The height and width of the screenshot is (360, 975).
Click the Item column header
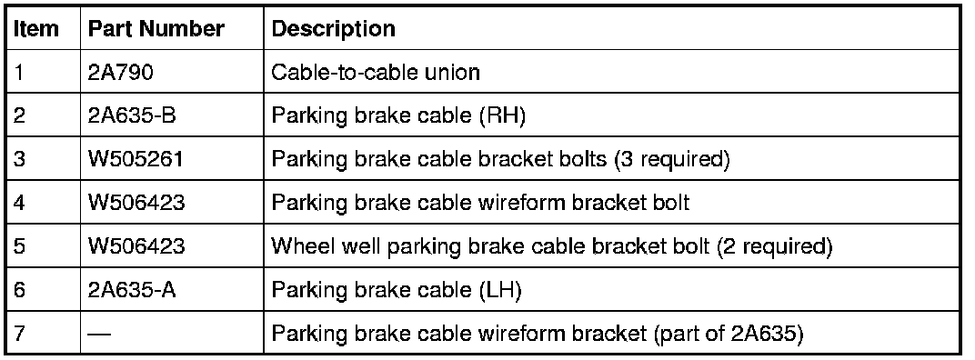point(36,28)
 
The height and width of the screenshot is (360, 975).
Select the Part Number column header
point(156,28)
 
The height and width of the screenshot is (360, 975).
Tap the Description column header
point(333,28)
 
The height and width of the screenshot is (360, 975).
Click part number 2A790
point(120,72)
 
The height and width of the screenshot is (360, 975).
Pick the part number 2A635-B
point(131,115)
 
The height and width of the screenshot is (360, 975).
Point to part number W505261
point(136,159)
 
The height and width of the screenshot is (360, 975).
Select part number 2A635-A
point(131,290)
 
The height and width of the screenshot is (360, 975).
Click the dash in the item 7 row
point(99,334)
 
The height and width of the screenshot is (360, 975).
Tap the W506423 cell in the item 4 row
point(136,203)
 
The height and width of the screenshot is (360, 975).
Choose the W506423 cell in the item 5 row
point(136,246)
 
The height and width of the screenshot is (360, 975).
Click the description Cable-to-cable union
point(376,72)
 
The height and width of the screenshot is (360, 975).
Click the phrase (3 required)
point(671,160)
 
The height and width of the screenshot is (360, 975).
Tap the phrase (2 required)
point(774,247)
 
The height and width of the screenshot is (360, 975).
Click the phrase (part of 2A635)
point(728,334)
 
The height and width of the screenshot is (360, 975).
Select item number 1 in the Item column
point(19,72)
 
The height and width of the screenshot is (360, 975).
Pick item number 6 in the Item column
point(19,290)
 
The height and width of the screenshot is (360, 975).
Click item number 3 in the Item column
point(19,159)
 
